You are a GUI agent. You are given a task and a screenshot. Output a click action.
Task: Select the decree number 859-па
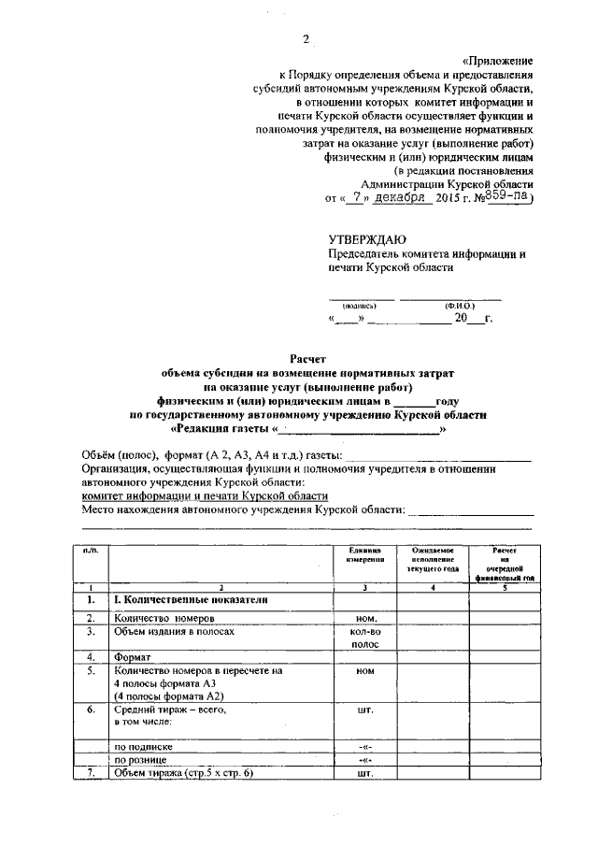pos(506,197)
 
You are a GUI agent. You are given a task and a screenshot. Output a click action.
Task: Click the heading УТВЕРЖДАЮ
pos(365,239)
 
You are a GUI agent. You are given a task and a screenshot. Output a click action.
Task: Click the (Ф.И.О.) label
pos(459,306)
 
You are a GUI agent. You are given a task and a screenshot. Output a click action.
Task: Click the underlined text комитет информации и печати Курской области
pos(205,495)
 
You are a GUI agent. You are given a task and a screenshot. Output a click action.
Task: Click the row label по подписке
pos(143,747)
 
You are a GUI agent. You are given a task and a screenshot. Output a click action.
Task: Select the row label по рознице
pos(141,761)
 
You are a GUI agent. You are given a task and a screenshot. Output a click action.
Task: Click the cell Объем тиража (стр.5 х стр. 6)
pos(183,775)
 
